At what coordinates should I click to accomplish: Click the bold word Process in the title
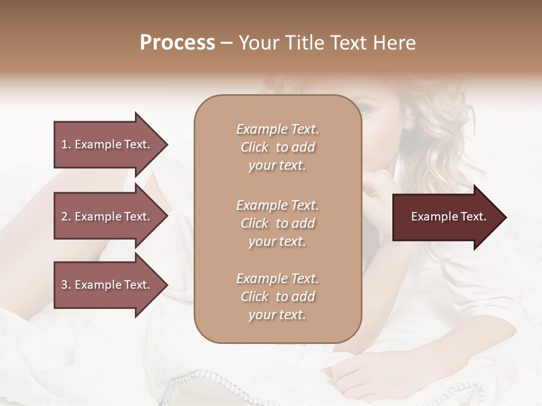[177, 43]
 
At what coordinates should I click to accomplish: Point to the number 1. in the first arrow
[66, 144]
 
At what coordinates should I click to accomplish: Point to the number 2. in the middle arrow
[66, 217]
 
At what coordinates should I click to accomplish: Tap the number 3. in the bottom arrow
[66, 285]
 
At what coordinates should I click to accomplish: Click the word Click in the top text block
[255, 147]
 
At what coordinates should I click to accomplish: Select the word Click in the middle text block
[255, 223]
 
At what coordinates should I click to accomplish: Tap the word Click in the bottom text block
[255, 297]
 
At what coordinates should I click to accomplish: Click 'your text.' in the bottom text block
[277, 315]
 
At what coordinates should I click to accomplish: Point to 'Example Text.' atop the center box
[277, 129]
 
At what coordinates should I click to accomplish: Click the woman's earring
[409, 129]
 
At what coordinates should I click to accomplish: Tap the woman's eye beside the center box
[368, 110]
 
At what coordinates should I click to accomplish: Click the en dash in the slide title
[227, 43]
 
